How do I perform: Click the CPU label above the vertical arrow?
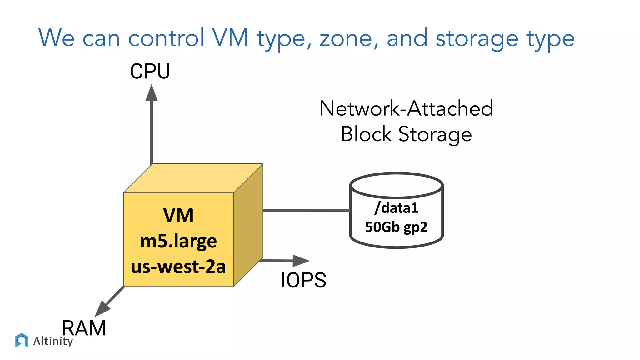(150, 71)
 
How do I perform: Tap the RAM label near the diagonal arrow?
(84, 328)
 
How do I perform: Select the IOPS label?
(303, 280)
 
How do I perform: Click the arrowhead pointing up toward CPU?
(152, 93)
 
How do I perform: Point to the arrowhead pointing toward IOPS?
(300, 261)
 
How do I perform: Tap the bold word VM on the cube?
(178, 215)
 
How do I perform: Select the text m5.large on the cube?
(178, 241)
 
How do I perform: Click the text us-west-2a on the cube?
(178, 267)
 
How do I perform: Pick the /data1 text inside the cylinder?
(396, 208)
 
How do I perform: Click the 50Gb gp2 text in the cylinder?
(396, 227)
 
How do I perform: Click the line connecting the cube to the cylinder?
(306, 211)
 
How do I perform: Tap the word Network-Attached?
(406, 108)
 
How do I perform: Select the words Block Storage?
(406, 134)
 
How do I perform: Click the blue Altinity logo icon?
(22, 340)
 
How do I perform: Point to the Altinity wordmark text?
(53, 341)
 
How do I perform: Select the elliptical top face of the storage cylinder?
(396, 185)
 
